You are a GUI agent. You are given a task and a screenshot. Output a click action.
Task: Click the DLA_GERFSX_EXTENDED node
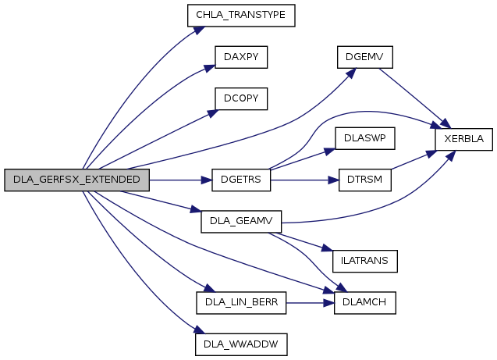[76, 180]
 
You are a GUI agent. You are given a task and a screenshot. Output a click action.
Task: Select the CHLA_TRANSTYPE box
[241, 15]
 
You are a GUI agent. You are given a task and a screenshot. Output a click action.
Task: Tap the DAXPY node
[241, 57]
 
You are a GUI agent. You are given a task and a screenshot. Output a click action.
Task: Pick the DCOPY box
[241, 98]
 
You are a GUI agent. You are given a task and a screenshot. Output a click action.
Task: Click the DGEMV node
[365, 57]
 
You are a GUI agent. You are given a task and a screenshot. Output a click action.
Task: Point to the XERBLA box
[464, 139]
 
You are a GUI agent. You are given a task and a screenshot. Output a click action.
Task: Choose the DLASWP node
[365, 138]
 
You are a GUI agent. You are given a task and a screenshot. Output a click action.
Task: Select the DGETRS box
[241, 180]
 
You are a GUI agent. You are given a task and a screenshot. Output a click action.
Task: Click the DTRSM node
[365, 180]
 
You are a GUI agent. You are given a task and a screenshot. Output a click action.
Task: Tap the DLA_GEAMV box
[241, 222]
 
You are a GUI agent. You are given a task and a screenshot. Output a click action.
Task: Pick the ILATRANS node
[365, 261]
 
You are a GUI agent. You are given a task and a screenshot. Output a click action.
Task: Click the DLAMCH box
[365, 302]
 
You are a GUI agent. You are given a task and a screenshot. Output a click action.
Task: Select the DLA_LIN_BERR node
[241, 302]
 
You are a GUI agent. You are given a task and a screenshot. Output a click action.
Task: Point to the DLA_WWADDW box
[241, 344]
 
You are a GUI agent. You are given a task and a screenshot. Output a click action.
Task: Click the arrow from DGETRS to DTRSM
[304, 180]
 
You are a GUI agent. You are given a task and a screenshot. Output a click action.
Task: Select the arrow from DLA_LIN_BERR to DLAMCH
[311, 303]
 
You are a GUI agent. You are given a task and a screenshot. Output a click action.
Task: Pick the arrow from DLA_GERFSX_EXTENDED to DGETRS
[181, 180]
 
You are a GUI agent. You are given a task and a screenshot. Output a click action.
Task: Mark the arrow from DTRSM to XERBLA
[414, 160]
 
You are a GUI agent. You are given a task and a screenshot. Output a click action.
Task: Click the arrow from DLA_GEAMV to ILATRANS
[300, 242]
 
